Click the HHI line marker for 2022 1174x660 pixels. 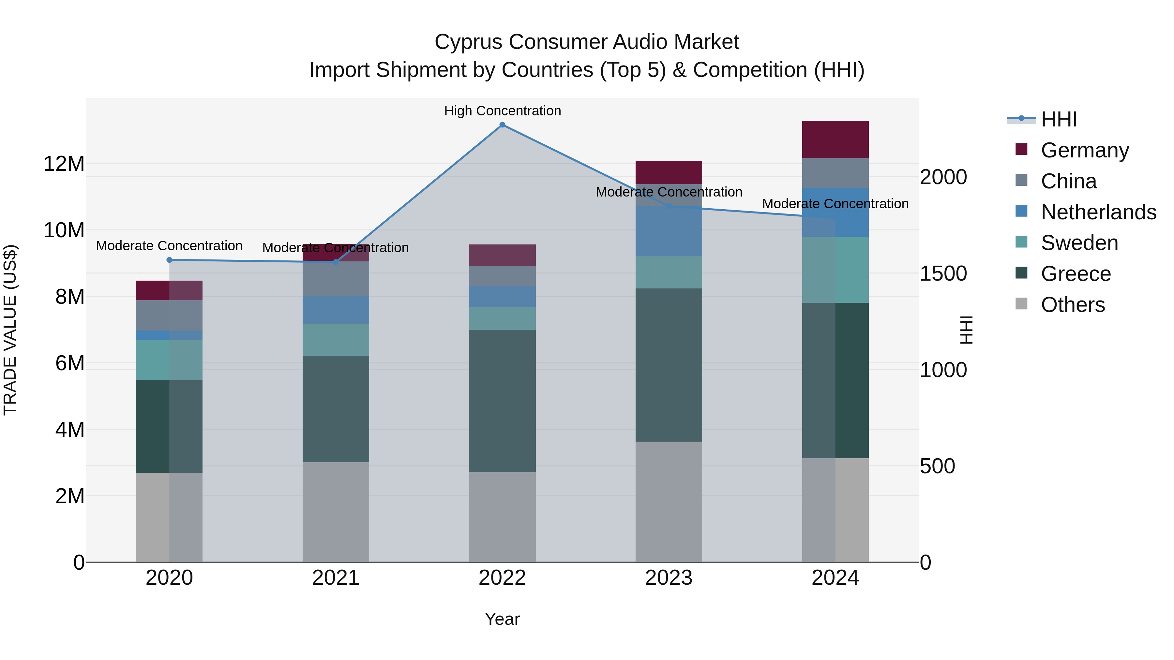[x=502, y=125]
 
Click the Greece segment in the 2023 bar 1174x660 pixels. [x=669, y=365]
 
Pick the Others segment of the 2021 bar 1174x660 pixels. [x=336, y=512]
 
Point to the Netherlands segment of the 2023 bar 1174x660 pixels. [x=669, y=231]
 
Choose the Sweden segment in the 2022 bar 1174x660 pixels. [x=502, y=318]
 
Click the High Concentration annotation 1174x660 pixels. [x=502, y=111]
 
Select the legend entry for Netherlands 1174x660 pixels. [x=1098, y=212]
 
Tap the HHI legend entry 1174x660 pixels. [x=1059, y=119]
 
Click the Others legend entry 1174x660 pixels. [x=1072, y=305]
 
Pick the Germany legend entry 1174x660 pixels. [x=1085, y=150]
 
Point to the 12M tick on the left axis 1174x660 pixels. [x=64, y=164]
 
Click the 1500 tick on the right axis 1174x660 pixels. [x=943, y=273]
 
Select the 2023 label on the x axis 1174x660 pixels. [x=669, y=578]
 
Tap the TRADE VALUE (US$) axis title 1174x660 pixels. [x=10, y=330]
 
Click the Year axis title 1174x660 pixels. [x=502, y=619]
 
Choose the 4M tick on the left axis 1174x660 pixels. [x=69, y=430]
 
